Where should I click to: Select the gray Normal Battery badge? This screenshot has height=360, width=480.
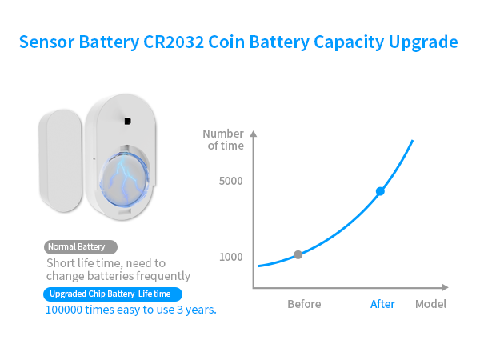point(81,247)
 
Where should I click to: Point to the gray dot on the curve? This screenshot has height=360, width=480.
point(298,254)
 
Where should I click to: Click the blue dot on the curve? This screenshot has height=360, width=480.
point(380,191)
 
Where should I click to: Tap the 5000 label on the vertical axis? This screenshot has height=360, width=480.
point(230,182)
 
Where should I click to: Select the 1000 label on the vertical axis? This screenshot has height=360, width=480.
point(230,257)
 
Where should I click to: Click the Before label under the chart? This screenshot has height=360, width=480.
point(304,304)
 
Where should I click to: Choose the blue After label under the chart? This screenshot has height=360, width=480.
point(382,304)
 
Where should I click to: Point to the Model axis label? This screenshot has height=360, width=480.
point(430,304)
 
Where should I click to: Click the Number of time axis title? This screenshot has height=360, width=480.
point(223,139)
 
